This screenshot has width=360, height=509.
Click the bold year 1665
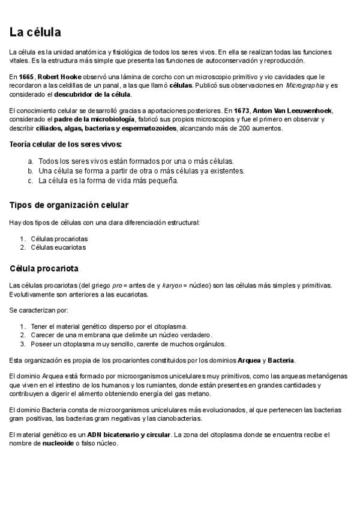[x=26, y=77]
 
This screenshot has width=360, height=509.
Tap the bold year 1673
[x=242, y=111]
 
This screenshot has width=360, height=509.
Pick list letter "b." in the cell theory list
[x=30, y=170]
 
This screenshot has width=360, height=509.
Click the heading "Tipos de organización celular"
[x=68, y=205]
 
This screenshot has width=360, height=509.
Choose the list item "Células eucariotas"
[x=58, y=247]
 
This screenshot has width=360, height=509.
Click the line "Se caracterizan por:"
[x=38, y=310]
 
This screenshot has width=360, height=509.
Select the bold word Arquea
[x=249, y=360]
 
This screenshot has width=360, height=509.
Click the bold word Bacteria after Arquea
[x=281, y=360]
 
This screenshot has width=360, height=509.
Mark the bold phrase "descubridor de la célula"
[x=92, y=94]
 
